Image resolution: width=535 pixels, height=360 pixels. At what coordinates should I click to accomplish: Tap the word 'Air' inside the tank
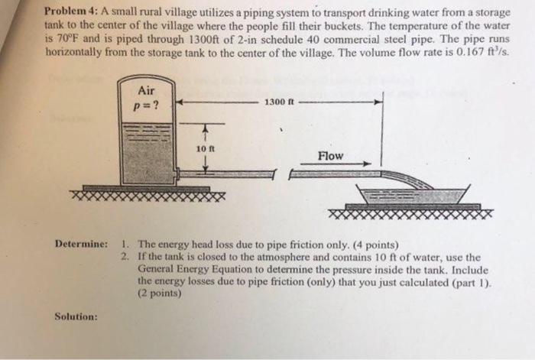point(146,90)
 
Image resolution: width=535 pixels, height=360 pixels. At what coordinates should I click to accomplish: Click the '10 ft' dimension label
point(203,148)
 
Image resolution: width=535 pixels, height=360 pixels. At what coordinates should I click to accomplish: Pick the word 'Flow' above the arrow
point(330,156)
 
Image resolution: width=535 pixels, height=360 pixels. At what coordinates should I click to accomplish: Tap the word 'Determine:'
point(81,244)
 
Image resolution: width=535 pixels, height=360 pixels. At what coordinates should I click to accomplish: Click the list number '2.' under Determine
point(126,257)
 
